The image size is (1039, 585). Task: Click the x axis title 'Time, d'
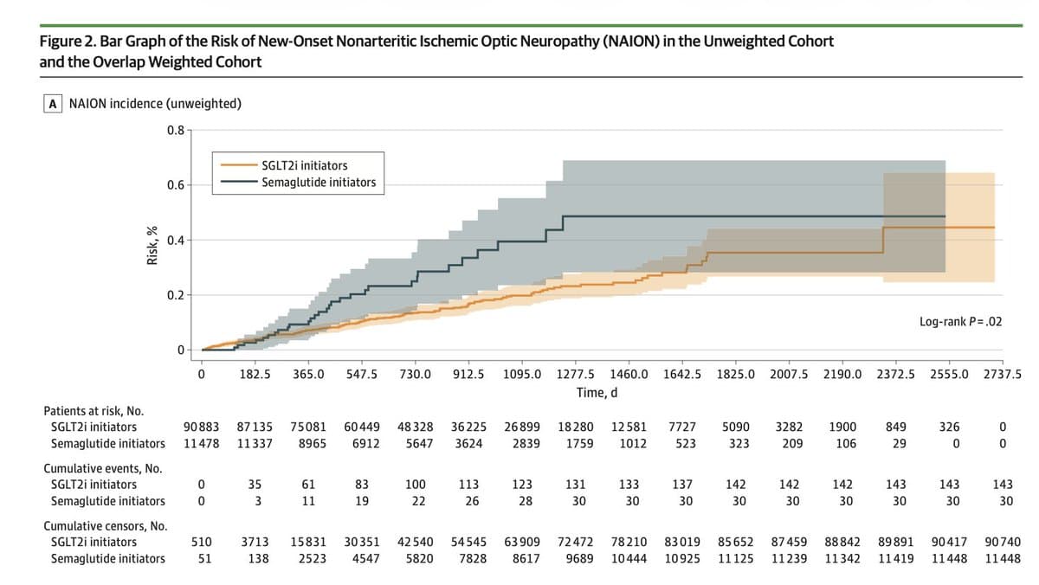597,392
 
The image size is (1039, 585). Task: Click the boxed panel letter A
54,104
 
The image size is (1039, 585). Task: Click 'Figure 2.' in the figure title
69,42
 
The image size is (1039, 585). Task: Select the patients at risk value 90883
201,427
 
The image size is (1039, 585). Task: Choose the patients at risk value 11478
201,443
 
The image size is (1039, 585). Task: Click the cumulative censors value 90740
1003,542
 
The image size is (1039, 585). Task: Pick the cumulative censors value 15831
308,542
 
